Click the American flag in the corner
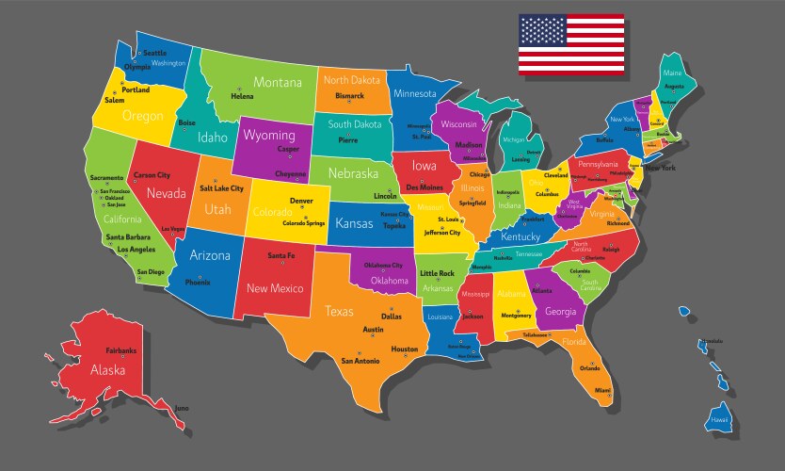(x=570, y=44)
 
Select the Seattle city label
(x=154, y=53)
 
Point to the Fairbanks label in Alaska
(x=120, y=350)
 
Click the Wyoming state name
(x=269, y=136)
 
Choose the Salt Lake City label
(x=221, y=188)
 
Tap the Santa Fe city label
(x=280, y=256)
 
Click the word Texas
(x=339, y=311)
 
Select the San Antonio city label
(x=360, y=361)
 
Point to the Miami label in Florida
(x=602, y=390)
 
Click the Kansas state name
(x=354, y=224)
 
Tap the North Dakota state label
(x=351, y=80)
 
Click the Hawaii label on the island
(x=719, y=419)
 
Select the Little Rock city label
(x=437, y=273)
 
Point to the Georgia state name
(x=560, y=312)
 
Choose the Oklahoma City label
(x=384, y=266)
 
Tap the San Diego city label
(x=150, y=272)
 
